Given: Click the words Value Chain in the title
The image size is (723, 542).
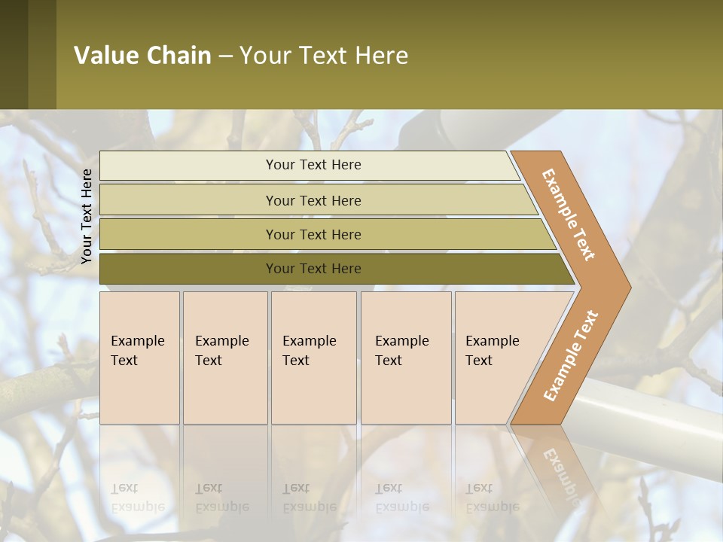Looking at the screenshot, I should [142, 56].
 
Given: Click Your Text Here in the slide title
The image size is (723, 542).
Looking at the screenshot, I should [324, 56].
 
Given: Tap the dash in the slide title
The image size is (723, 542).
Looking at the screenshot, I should [225, 56].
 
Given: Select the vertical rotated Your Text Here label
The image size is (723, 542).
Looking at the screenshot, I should [87, 216].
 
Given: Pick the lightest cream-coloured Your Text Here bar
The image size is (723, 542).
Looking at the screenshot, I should [313, 165].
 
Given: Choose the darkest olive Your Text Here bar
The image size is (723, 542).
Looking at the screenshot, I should [313, 269].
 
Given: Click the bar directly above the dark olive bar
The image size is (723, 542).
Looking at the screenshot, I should [313, 234].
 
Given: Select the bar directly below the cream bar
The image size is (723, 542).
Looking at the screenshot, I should [313, 200].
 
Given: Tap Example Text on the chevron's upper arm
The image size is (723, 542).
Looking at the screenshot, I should [569, 214].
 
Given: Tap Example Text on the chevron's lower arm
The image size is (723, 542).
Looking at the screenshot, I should [571, 355].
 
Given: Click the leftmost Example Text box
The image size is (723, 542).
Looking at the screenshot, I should [139, 358].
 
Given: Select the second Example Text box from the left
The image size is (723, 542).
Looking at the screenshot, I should [225, 358].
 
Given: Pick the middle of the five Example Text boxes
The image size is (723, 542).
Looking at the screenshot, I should [313, 358].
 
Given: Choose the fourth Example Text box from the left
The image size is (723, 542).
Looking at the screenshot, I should [406, 358].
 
